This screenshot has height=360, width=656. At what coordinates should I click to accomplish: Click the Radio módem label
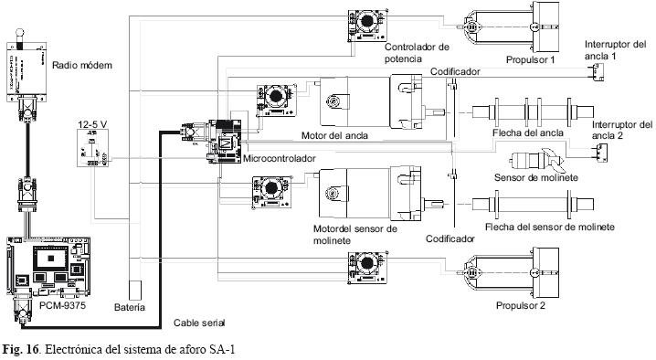[82, 65]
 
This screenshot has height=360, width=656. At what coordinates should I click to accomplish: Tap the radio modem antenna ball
[19, 32]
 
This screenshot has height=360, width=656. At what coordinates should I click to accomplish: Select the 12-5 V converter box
[93, 148]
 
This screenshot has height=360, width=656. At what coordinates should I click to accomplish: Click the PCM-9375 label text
[62, 305]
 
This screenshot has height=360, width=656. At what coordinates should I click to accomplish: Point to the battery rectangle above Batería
[134, 290]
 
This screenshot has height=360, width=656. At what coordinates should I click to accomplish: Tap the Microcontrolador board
[224, 141]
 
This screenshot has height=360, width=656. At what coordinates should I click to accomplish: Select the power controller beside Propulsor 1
[367, 25]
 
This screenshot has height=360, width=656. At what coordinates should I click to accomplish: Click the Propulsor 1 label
[530, 60]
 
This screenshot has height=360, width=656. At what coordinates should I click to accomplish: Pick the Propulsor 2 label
[521, 305]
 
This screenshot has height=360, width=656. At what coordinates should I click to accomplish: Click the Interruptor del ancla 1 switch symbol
[598, 73]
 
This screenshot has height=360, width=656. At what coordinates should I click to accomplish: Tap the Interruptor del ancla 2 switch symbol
[600, 152]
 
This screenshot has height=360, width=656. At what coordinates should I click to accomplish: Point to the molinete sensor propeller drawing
[536, 160]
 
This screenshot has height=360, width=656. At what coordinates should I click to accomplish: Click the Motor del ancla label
[334, 135]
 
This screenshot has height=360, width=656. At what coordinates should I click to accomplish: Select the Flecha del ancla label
[527, 132]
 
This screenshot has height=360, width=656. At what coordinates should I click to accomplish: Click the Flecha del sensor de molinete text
[550, 227]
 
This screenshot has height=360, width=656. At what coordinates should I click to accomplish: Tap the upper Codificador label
[455, 71]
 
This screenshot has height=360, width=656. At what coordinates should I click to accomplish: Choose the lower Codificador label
[450, 238]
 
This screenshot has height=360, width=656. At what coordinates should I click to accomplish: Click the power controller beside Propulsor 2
[367, 268]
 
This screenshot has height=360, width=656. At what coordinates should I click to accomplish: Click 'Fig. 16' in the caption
[21, 350]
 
